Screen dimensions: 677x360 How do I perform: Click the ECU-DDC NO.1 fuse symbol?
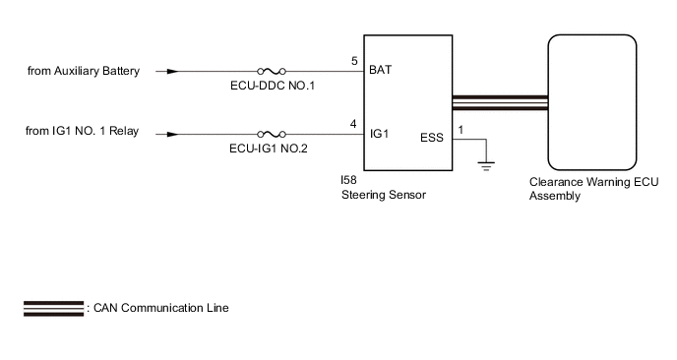(x=272, y=71)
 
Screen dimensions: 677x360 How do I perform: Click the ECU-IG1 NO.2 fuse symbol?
(x=272, y=134)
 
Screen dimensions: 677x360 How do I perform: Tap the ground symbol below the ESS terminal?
(x=486, y=166)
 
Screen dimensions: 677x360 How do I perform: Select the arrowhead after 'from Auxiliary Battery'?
(x=172, y=71)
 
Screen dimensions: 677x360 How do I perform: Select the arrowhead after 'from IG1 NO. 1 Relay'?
(x=172, y=134)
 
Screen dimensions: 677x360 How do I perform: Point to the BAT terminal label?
(x=381, y=70)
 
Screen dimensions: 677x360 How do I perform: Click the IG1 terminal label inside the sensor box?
(x=380, y=134)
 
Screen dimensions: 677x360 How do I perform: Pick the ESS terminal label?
(x=432, y=138)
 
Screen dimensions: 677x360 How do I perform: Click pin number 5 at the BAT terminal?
(x=354, y=61)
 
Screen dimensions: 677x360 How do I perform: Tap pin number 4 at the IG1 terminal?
(x=353, y=124)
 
